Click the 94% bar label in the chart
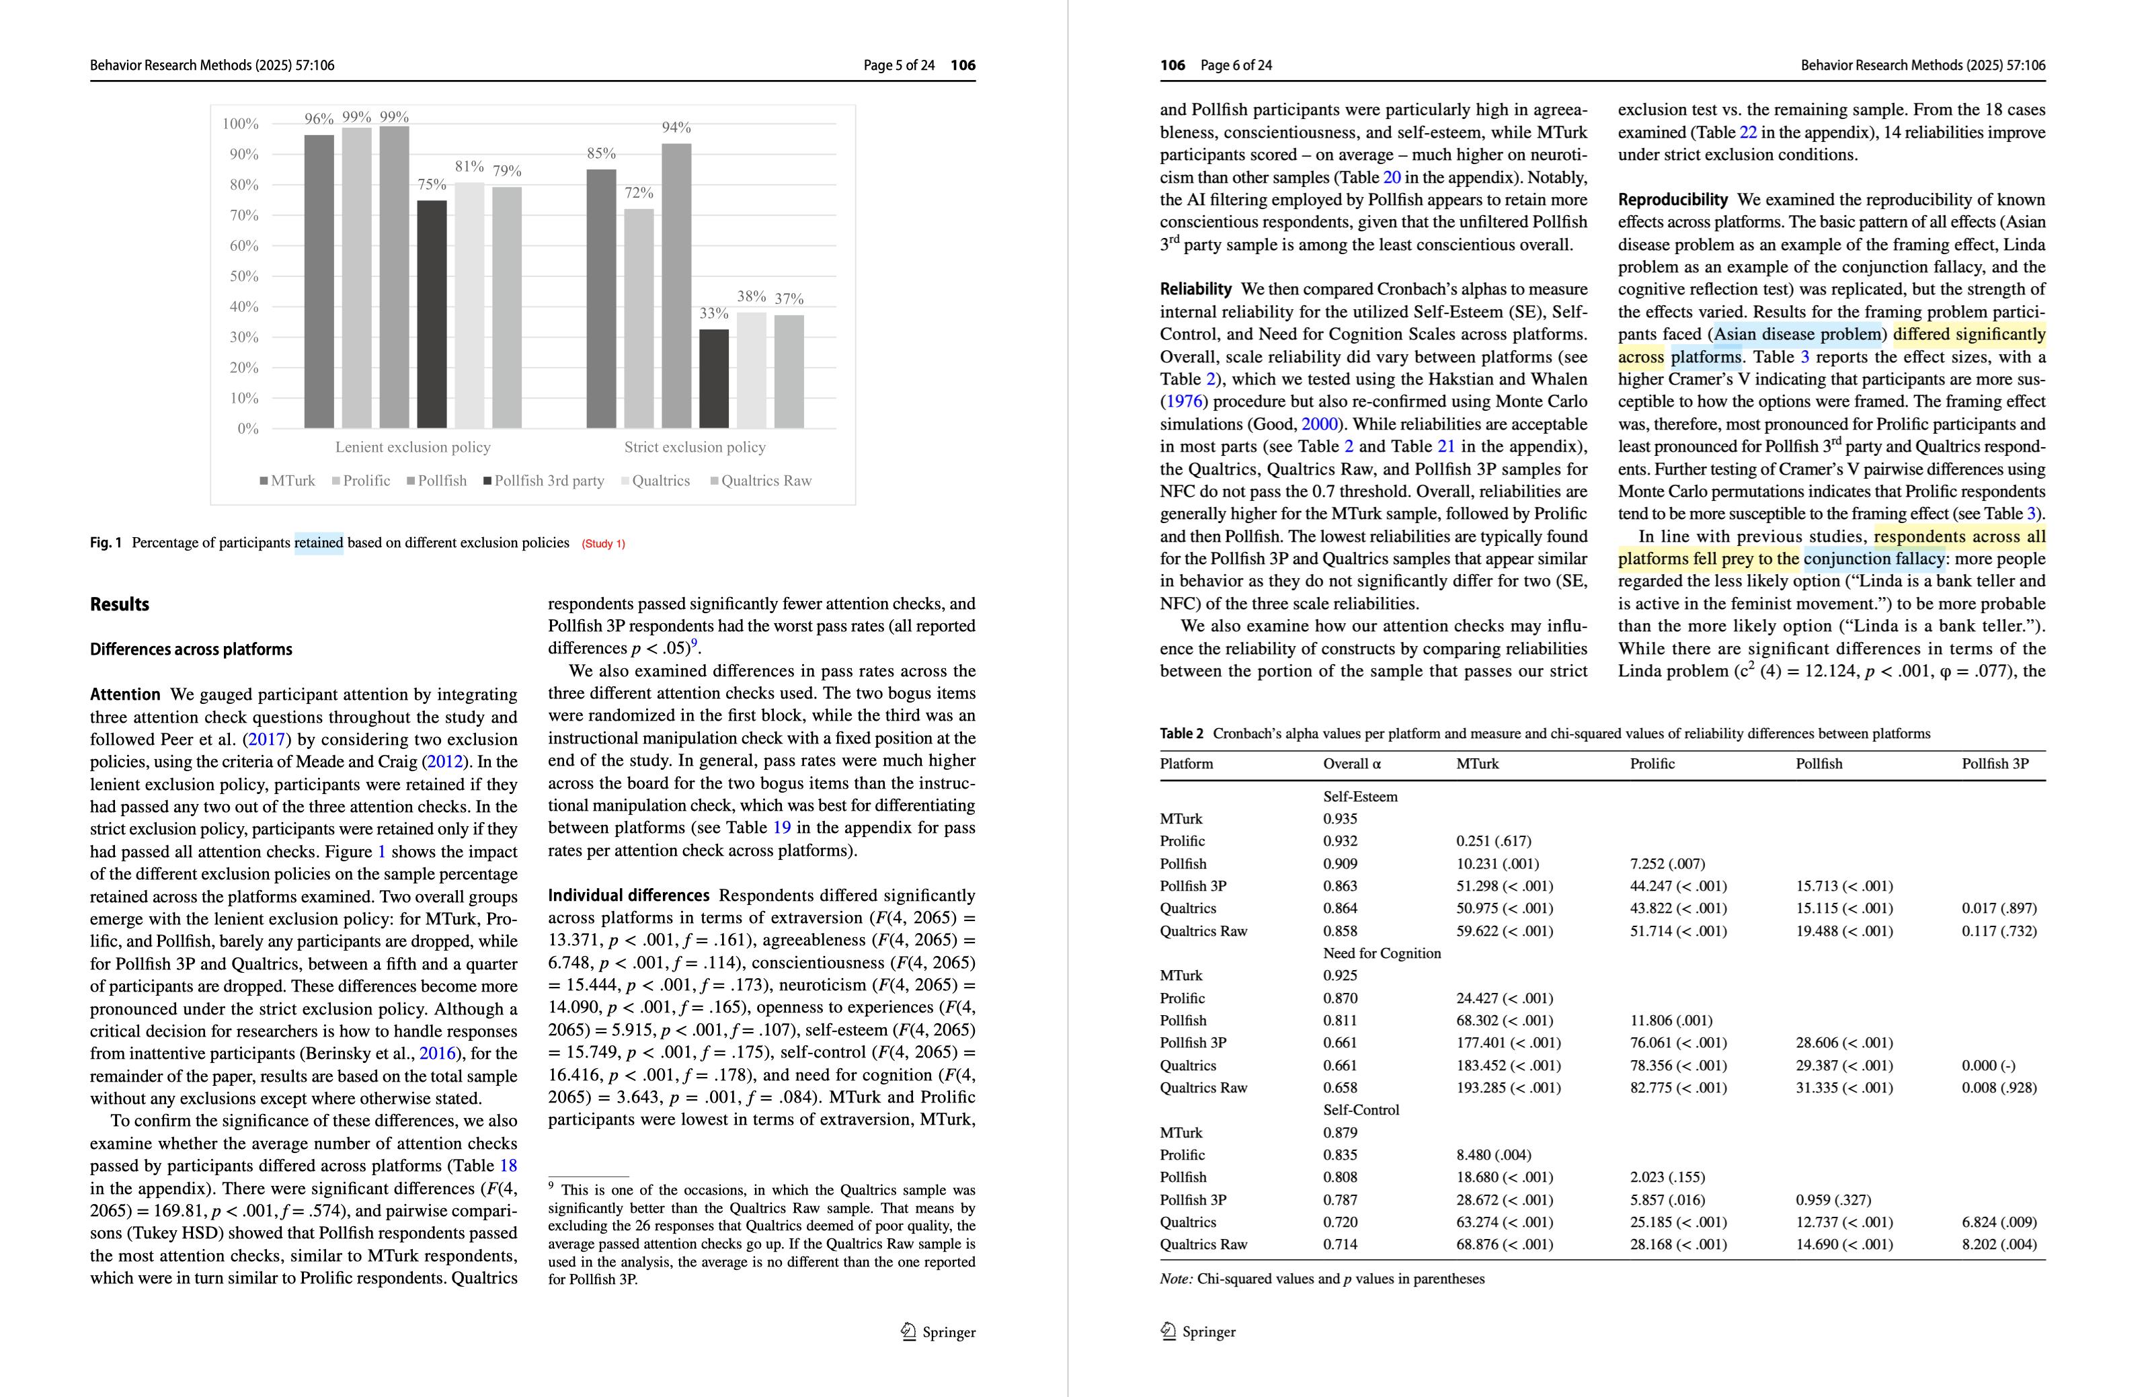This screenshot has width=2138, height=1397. [x=676, y=128]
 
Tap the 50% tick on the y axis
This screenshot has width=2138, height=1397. [x=243, y=276]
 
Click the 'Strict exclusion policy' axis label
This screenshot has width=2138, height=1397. [x=695, y=446]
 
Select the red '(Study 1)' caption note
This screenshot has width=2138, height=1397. [x=603, y=543]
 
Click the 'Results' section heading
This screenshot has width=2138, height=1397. [x=120, y=604]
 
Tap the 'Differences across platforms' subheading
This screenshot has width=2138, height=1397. [x=190, y=649]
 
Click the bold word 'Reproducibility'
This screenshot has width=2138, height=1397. [x=1672, y=200]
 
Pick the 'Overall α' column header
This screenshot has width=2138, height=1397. [x=1351, y=764]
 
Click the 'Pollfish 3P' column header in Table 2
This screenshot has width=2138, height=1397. [x=1994, y=764]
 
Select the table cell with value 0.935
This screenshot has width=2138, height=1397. [x=1339, y=818]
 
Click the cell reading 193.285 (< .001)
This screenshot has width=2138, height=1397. [x=1508, y=1088]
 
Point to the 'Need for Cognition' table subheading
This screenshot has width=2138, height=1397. [x=1381, y=953]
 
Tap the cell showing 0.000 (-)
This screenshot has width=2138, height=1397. [x=1988, y=1066]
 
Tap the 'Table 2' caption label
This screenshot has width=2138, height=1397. [x=1181, y=733]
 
